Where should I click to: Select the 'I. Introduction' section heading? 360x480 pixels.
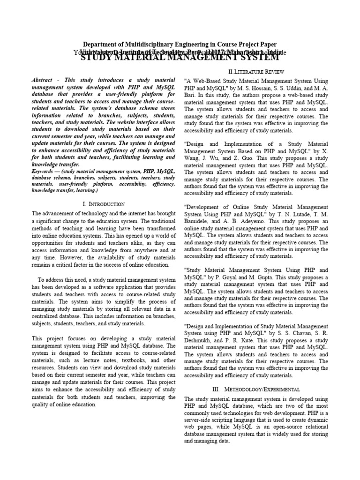point(103,204)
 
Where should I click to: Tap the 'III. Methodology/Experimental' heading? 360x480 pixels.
point(256,389)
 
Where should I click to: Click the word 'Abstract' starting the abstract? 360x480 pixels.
point(42,81)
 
